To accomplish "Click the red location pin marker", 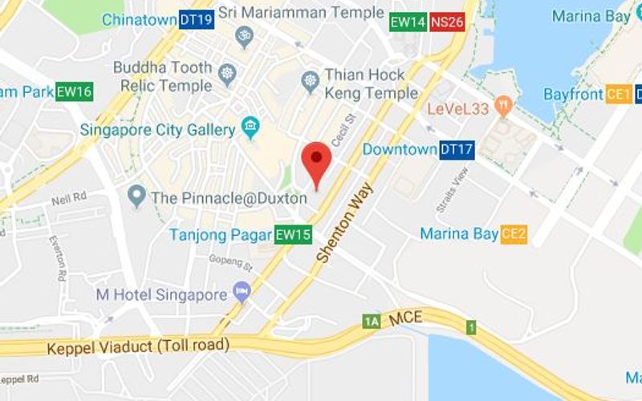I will coord(318,160).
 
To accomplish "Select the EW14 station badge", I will coord(407,22).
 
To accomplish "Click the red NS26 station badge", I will coord(446,22).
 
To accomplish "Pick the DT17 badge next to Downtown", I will coord(457,149).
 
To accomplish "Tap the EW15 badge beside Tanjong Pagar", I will coord(293,235).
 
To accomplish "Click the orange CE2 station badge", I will coord(514,234).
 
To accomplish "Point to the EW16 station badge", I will coord(74,91).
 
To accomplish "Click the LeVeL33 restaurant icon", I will coord(503,103).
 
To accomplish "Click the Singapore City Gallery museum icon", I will coord(250,127).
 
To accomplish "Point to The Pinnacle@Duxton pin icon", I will coord(137,195).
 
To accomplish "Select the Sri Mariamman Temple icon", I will coord(245,35).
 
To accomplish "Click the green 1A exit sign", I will coord(371,322).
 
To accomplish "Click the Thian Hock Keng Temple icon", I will coord(310,80).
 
